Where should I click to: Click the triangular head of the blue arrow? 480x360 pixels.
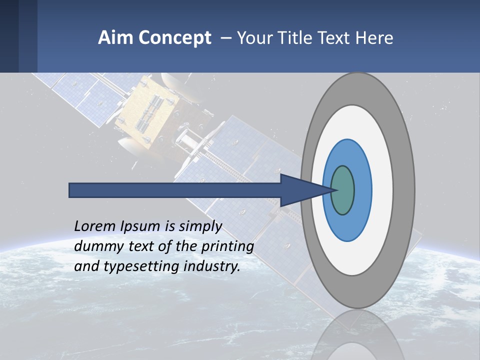pyautogui.click(x=300, y=190)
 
